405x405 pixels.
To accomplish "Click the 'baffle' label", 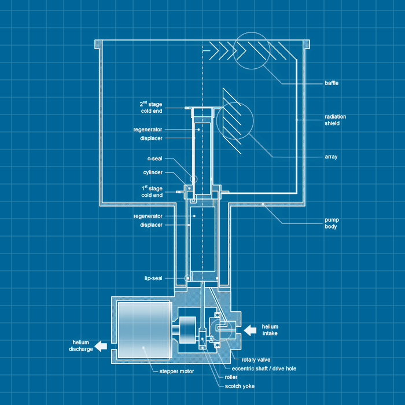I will point(332,83).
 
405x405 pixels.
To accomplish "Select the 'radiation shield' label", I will point(336,120).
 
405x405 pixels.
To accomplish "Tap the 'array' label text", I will point(331,157).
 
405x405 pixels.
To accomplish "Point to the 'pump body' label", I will point(331,223).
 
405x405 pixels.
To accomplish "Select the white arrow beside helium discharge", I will point(101,346).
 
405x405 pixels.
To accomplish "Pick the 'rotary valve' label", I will point(256,359).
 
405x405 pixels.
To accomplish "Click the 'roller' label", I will point(231,377).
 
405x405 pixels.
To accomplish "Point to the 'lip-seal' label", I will point(153,278).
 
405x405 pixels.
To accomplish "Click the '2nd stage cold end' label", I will point(152,107).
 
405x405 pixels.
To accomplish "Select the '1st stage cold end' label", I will point(152,192).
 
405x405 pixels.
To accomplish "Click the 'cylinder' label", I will point(153,172).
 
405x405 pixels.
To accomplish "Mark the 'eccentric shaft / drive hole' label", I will point(264,368).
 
